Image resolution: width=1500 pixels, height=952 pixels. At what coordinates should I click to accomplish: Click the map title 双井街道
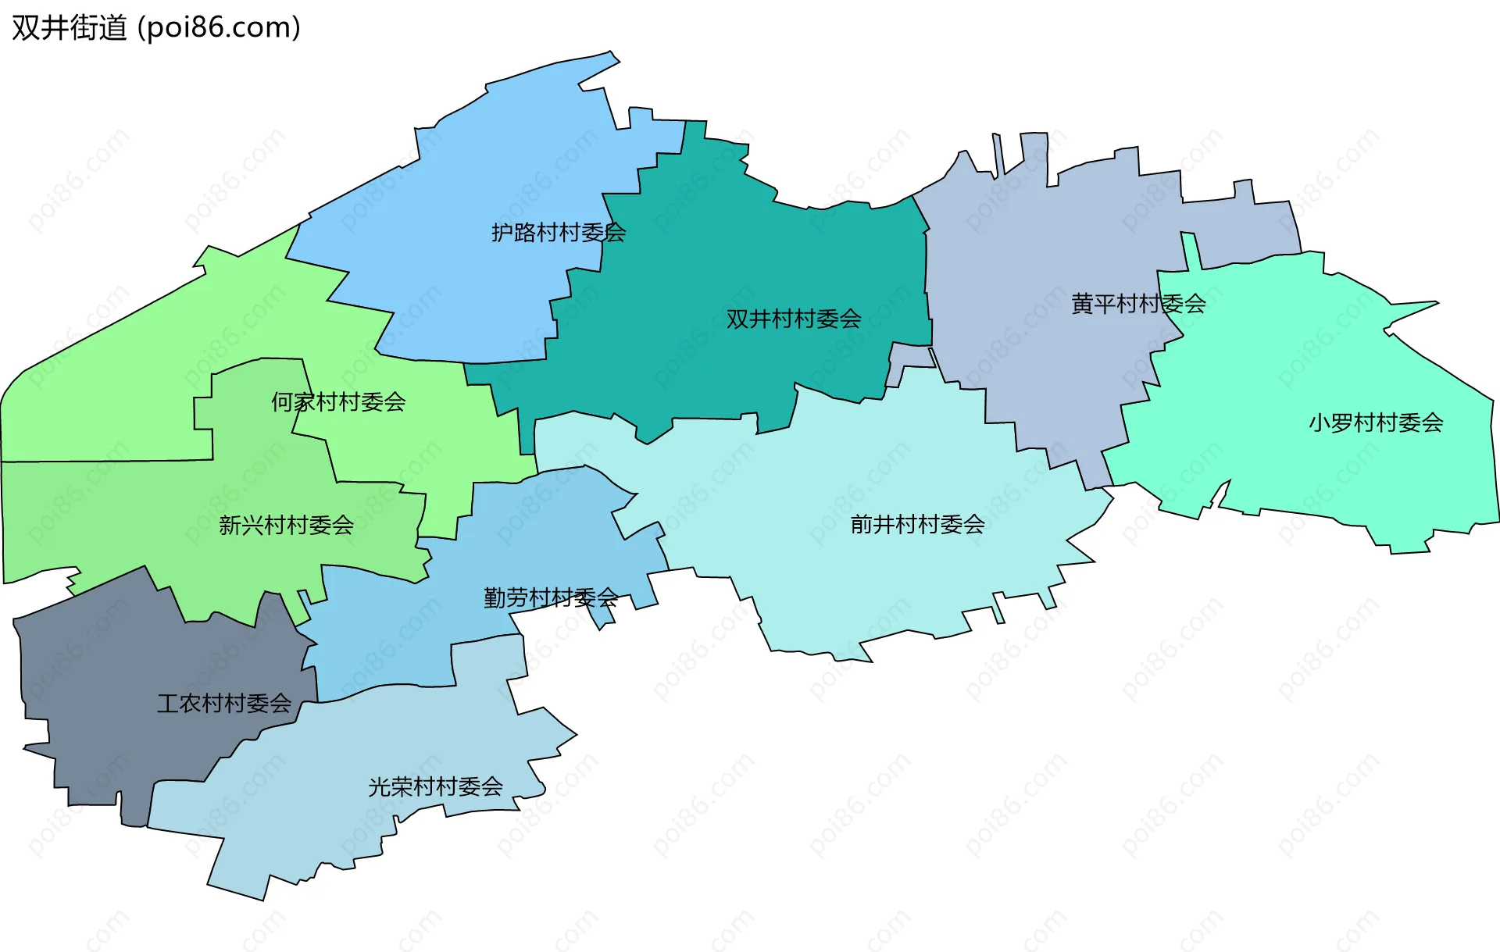69,28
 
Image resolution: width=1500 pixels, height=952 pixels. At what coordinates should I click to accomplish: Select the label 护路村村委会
558,233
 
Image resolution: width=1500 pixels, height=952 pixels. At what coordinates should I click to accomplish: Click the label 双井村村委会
793,319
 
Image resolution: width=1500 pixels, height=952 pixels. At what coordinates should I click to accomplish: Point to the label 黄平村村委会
1137,305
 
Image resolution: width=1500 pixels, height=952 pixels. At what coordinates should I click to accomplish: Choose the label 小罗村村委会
1375,423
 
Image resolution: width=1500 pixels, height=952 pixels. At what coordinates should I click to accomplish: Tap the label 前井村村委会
917,525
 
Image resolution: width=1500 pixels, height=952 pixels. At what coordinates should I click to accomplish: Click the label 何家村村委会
337,402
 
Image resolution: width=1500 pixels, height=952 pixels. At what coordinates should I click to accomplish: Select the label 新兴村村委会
286,526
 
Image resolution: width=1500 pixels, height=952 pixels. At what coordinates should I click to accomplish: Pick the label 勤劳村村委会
550,598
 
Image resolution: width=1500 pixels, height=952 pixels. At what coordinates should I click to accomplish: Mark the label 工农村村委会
224,704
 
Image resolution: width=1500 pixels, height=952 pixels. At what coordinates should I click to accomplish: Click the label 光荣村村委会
435,787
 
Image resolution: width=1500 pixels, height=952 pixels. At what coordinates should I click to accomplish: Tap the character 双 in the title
24,28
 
